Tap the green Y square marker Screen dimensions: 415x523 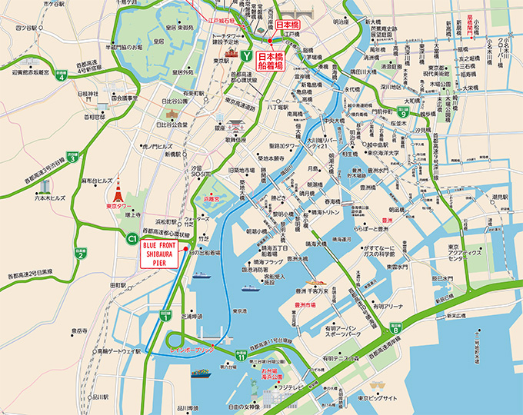click(x=245, y=57)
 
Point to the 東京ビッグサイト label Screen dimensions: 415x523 click(x=378, y=399)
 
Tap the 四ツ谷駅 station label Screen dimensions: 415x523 click(x=28, y=28)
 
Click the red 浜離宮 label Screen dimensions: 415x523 click(x=211, y=198)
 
